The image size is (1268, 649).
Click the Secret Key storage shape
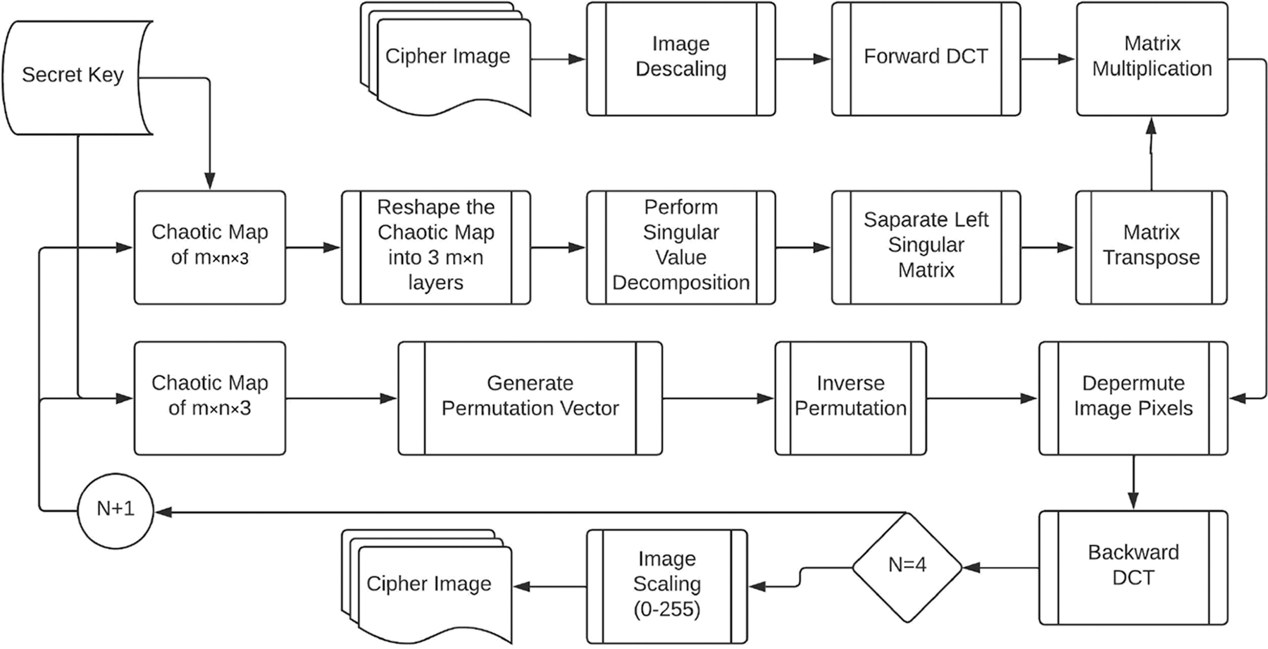73,76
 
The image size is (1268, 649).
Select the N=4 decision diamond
907,566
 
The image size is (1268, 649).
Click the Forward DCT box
926,58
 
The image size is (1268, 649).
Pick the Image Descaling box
680,58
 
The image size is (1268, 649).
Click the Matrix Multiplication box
1152,58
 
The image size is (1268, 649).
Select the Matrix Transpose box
1151,247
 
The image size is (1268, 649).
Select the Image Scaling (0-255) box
666,586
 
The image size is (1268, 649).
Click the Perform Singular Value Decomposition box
680,247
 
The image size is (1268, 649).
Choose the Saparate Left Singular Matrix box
926,247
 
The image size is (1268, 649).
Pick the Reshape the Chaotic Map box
435,247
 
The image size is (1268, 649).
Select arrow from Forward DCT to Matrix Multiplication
1048,59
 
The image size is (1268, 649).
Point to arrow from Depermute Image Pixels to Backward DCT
1133,483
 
